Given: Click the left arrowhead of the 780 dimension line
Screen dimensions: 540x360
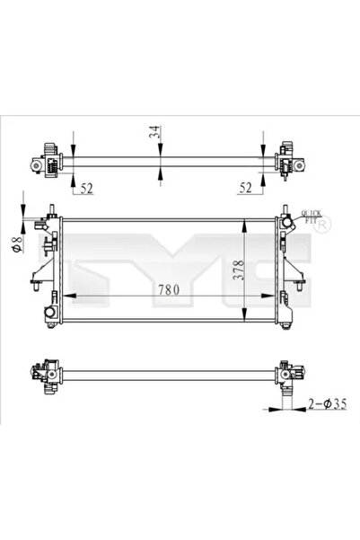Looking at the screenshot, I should (x=66, y=297).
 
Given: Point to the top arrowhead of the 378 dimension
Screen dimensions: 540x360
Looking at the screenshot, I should (x=245, y=221).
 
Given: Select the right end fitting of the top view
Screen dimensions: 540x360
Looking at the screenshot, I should (x=289, y=163).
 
